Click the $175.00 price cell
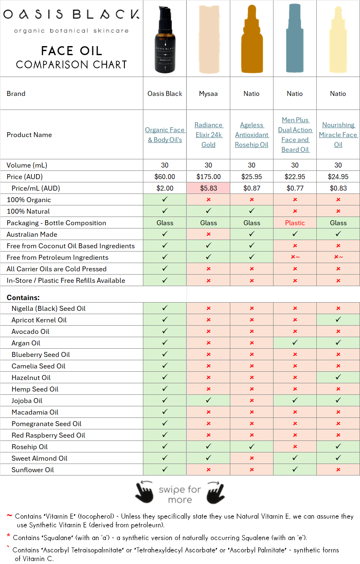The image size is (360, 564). pyautogui.click(x=208, y=177)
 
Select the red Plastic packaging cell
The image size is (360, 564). pyautogui.click(x=295, y=223)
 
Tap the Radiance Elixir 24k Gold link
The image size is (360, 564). pyautogui.click(x=208, y=135)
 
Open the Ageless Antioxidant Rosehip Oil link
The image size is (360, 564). pyautogui.click(x=252, y=135)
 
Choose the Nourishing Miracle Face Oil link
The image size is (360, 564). pyautogui.click(x=338, y=135)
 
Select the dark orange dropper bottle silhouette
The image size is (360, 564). pyautogui.click(x=252, y=41)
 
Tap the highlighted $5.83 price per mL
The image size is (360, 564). pyautogui.click(x=208, y=188)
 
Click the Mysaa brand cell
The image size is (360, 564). pyautogui.click(x=208, y=93)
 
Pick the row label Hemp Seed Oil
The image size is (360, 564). pyautogui.click(x=35, y=389)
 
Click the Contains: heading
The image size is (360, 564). pyautogui.click(x=23, y=297)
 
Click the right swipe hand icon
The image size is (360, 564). pyautogui.click(x=215, y=492)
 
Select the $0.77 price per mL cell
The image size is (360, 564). pyautogui.click(x=295, y=188)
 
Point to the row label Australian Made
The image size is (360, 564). pyautogui.click(x=32, y=234)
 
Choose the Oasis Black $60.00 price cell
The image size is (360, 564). pyautogui.click(x=165, y=177)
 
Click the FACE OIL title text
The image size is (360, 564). pyautogui.click(x=71, y=51)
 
